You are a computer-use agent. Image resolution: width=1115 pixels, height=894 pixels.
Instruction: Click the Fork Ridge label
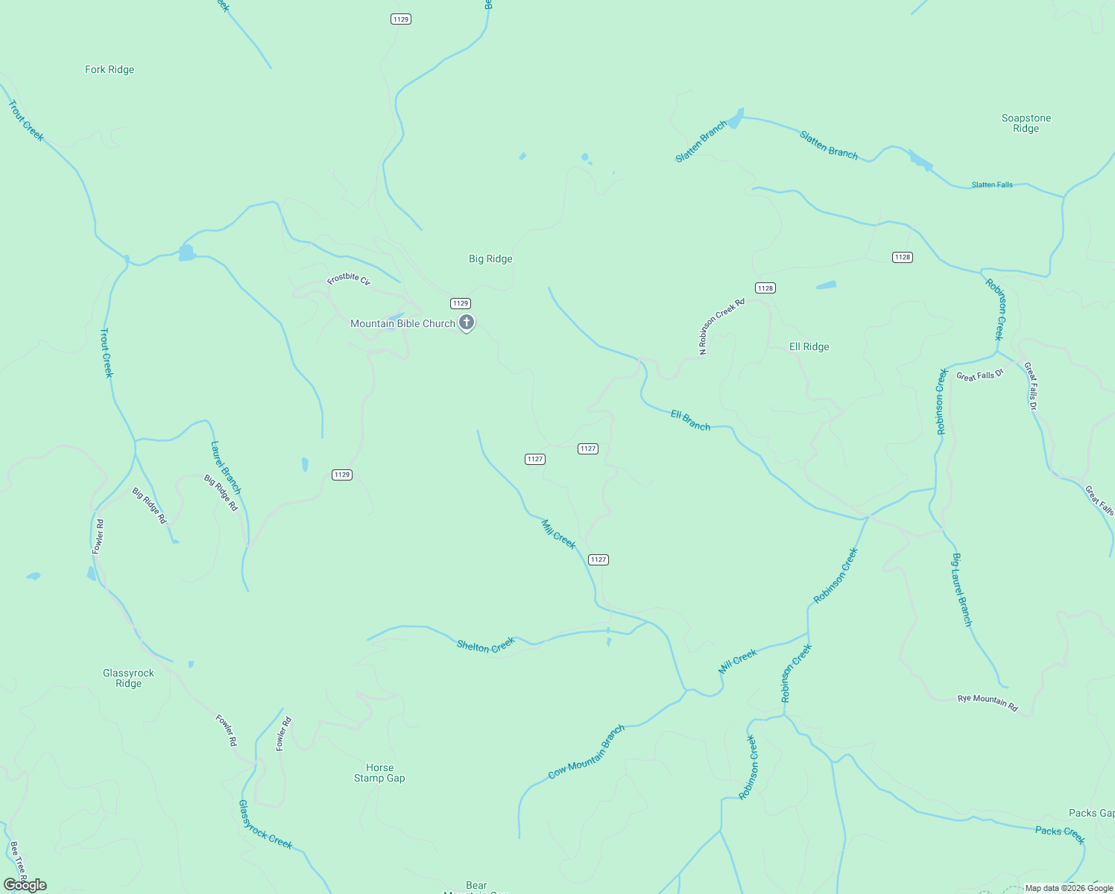(110, 69)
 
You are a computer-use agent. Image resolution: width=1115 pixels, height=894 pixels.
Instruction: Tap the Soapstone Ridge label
(1026, 123)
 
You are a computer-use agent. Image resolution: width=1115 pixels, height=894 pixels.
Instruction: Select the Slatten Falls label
(992, 185)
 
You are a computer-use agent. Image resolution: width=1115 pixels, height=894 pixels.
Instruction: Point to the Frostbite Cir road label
(349, 279)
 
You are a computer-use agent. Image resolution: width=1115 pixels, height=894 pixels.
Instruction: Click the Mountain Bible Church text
(402, 323)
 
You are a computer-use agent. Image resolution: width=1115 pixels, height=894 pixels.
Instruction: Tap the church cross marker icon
(467, 323)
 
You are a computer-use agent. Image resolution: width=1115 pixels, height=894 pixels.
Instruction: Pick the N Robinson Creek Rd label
(721, 326)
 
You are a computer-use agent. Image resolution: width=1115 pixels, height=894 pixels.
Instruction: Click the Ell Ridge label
(809, 346)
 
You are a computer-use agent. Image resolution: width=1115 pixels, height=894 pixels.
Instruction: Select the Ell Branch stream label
(690, 420)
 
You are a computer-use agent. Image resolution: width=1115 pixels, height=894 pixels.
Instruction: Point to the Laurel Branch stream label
(226, 468)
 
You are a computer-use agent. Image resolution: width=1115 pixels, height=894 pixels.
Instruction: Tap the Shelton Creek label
(486, 645)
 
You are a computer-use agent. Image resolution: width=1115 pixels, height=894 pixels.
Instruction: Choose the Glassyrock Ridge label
(128, 678)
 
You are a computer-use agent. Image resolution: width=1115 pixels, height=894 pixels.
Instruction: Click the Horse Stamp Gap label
(379, 773)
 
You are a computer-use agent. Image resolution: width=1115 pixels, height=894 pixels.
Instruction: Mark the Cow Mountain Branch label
(587, 752)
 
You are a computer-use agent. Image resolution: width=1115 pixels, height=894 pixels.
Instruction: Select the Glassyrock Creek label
(265, 825)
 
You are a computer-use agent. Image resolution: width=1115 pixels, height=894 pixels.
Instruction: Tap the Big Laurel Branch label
(962, 589)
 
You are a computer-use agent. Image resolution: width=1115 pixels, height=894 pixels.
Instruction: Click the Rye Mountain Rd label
(988, 703)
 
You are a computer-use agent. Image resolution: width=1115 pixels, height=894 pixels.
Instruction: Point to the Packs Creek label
(1060, 834)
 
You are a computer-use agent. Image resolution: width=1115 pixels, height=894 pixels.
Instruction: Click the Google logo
(25, 885)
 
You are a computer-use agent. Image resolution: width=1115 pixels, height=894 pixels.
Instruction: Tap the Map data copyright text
(1069, 888)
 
